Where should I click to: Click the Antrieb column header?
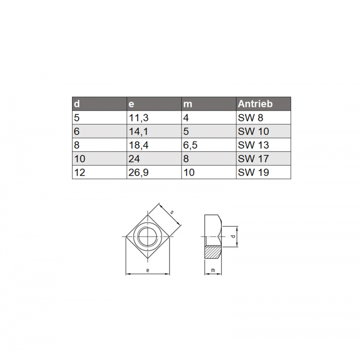coord(255,104)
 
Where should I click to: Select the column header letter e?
coord(131,104)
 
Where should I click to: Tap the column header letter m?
coord(188,104)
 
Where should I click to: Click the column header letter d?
coord(77,104)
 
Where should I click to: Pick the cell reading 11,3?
coord(138,118)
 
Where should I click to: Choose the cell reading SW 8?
coord(250,118)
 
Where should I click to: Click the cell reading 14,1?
coord(138,131)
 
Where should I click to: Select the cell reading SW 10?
coord(253,131)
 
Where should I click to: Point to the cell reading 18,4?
coord(138,145)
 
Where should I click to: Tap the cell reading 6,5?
coord(190,145)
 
